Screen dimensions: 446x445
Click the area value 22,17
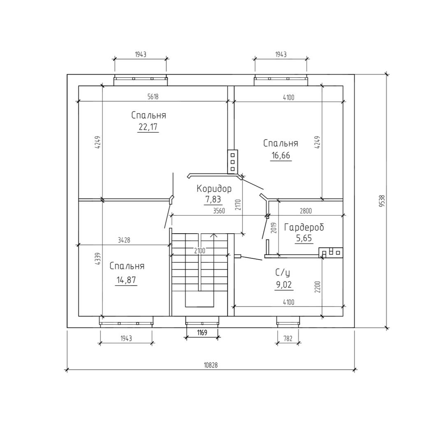coord(148,127)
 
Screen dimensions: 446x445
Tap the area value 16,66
coord(281,156)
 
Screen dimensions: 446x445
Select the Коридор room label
coord(214,189)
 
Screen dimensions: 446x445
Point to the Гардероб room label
coord(304,227)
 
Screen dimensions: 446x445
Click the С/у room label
coord(282,273)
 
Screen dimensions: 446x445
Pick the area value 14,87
coord(126,280)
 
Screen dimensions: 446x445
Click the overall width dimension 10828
coord(211,365)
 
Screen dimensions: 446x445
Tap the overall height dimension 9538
coord(382,201)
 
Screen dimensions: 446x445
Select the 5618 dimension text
coord(153,96)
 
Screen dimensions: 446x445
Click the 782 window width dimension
coord(288,338)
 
